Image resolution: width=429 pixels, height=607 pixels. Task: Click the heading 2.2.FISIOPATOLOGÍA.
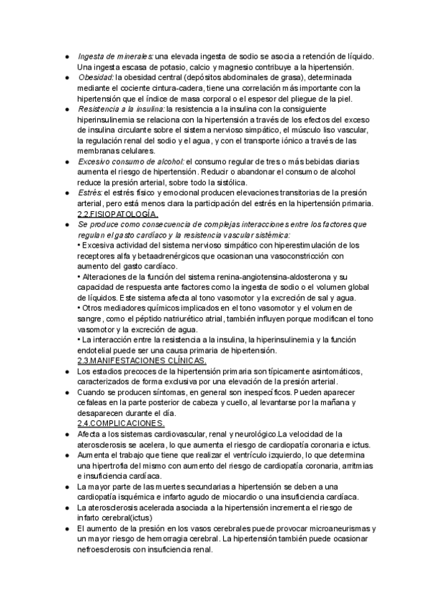click(117, 214)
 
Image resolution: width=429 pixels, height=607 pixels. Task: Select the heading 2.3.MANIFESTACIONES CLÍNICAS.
click(142, 361)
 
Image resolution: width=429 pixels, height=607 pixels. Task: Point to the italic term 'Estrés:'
click(90, 193)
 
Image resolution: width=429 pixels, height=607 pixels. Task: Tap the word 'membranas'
click(99, 151)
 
